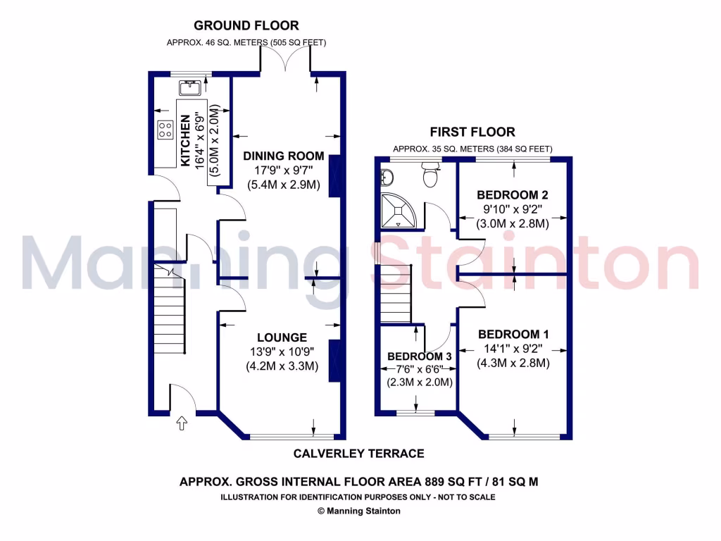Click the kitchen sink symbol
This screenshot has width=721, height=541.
tap(191, 87)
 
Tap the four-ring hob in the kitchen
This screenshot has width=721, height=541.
tap(165, 130)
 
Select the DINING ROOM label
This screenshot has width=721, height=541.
tap(283, 156)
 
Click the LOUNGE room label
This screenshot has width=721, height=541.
tap(282, 337)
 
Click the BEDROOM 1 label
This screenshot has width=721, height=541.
tap(513, 334)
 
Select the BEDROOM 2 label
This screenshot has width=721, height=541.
tap(513, 194)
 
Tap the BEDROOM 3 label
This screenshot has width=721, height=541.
tap(419, 356)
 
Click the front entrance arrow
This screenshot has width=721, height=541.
tap(182, 423)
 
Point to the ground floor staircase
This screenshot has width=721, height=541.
tap(170, 311)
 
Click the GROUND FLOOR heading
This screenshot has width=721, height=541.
tap(246, 26)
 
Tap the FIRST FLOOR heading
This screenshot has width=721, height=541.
tap(472, 132)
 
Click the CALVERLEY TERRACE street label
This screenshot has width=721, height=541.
tap(358, 454)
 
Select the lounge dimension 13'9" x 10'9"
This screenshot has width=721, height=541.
tap(282, 352)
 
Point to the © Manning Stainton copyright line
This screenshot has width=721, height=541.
tap(358, 511)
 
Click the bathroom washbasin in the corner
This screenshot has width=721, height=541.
tap(385, 175)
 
